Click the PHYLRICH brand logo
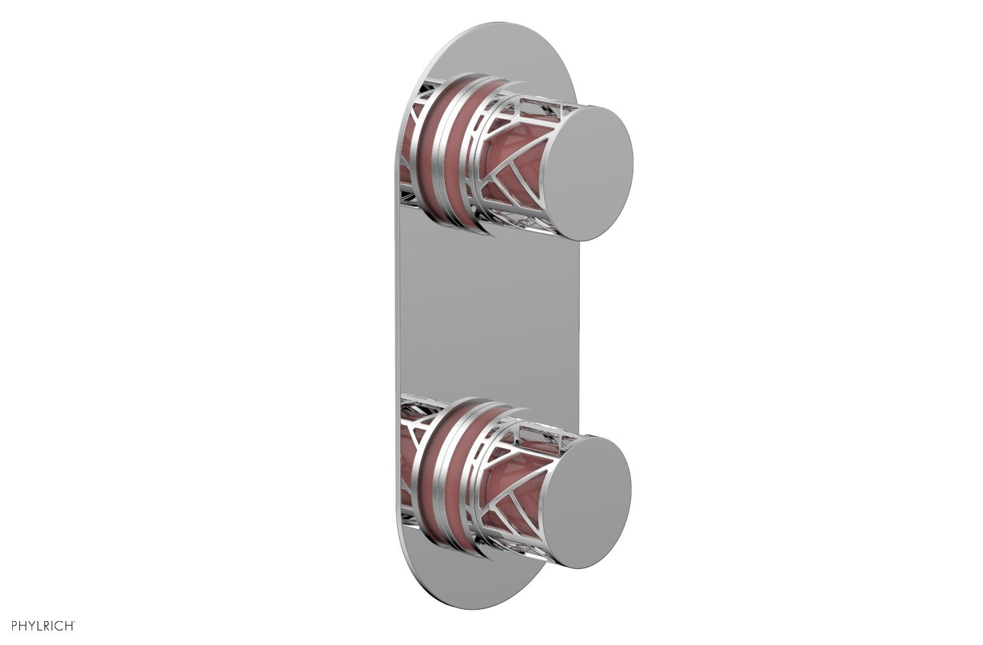[x=39, y=625]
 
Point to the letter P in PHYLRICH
[x=6, y=625]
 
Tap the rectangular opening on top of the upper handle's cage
[x=541, y=104]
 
